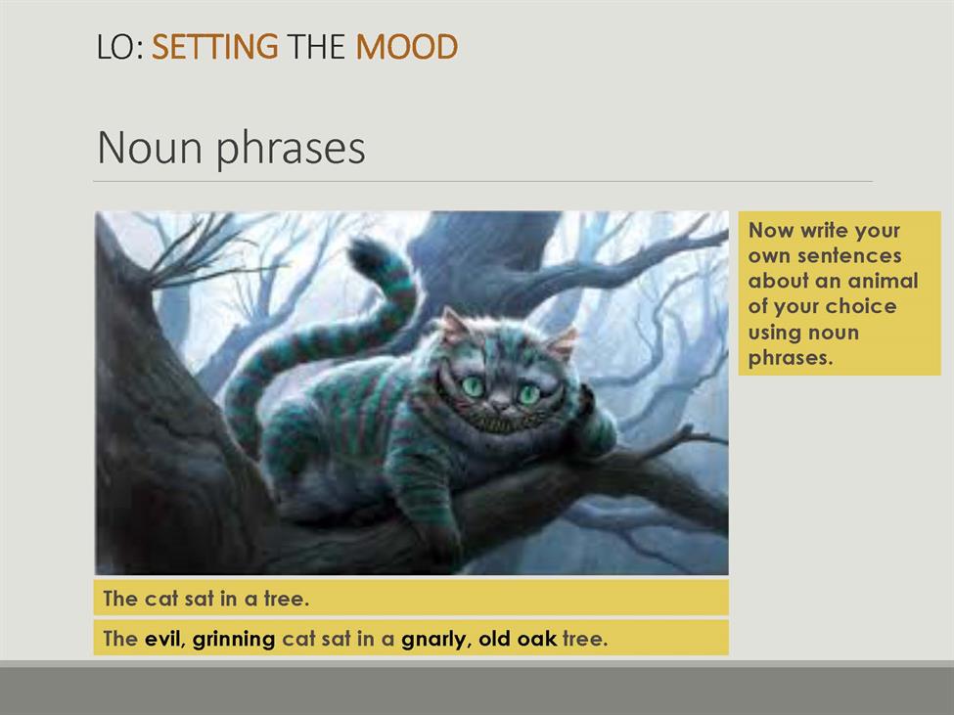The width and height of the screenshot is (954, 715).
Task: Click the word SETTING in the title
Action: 214,47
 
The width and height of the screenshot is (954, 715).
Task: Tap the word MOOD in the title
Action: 406,47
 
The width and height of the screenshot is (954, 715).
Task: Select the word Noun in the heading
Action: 150,147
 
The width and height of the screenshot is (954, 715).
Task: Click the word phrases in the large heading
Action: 291,149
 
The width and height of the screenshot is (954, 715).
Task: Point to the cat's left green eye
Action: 473,386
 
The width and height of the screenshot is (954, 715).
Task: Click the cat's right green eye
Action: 528,394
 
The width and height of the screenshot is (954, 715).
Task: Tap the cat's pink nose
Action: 500,402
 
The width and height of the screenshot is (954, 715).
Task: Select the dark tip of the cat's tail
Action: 366,254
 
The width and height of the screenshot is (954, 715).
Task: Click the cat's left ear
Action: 454,326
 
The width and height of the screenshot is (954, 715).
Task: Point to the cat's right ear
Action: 563,343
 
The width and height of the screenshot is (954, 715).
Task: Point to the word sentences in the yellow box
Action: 849,256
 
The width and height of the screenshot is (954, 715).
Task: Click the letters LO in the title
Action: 116,47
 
